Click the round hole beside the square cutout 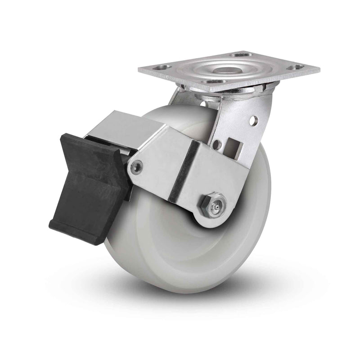coord(218,145)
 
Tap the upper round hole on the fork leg coord(254,120)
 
